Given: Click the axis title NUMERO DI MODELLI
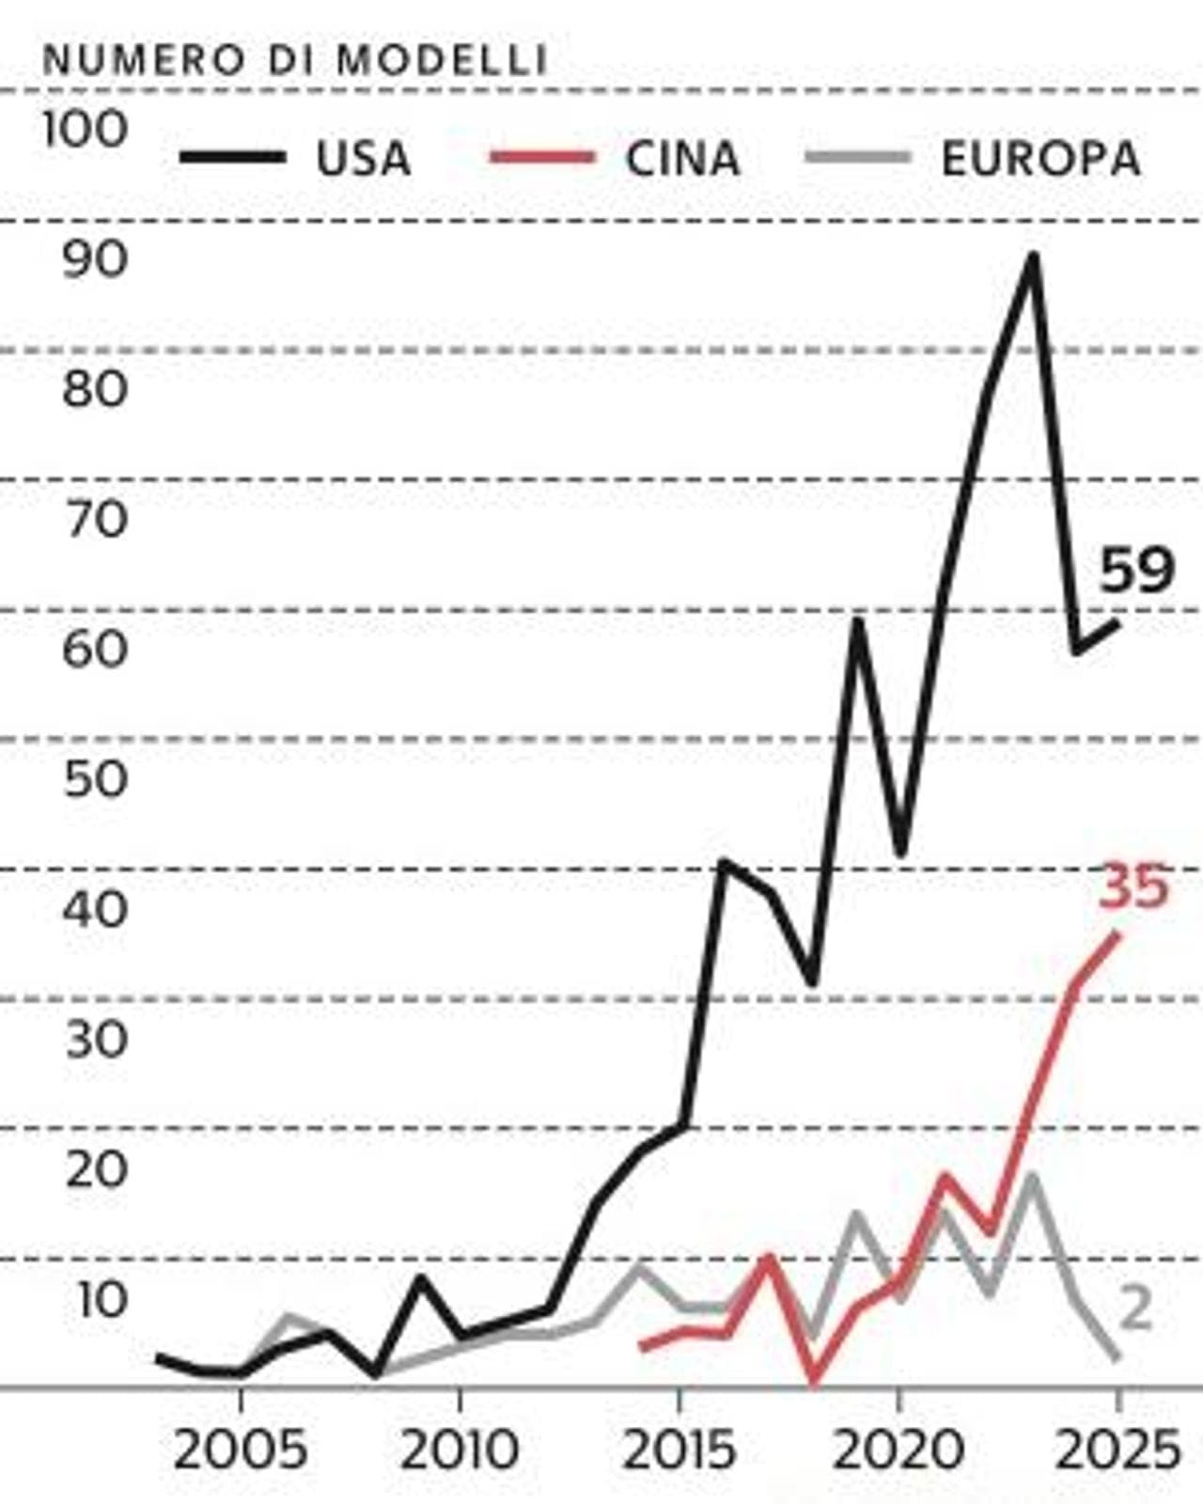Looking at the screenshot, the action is pyautogui.click(x=295, y=60).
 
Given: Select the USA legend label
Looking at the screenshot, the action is pyautogui.click(x=363, y=158).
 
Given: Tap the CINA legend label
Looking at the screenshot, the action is pyautogui.click(x=681, y=158).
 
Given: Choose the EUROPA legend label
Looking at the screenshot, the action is pyautogui.click(x=1040, y=158).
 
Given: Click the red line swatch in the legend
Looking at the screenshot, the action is pyautogui.click(x=541, y=157).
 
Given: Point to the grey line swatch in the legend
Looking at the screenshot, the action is pyautogui.click(x=858, y=157).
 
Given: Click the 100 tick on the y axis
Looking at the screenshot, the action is pyautogui.click(x=86, y=130).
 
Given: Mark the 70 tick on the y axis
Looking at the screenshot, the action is pyautogui.click(x=97, y=519).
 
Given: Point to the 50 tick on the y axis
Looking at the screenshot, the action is pyautogui.click(x=97, y=779).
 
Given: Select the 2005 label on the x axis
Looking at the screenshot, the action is pyautogui.click(x=240, y=1450).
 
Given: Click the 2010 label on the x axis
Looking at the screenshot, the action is pyautogui.click(x=460, y=1450).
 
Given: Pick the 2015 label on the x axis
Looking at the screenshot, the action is pyautogui.click(x=679, y=1450).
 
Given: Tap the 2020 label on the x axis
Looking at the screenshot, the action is pyautogui.click(x=898, y=1450).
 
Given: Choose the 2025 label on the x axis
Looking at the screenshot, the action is pyautogui.click(x=1117, y=1450).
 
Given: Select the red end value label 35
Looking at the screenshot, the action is pyautogui.click(x=1133, y=886).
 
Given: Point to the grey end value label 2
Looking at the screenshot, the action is pyautogui.click(x=1135, y=1307).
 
